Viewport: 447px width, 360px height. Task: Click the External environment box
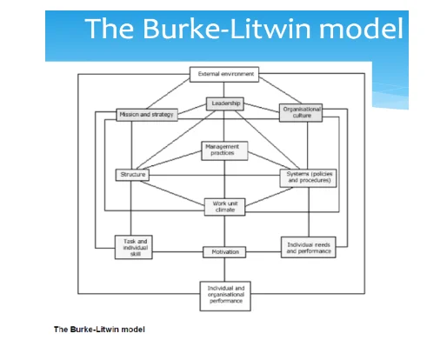tap(224, 75)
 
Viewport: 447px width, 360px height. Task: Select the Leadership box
tap(225, 103)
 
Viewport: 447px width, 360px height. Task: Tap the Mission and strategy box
tap(147, 115)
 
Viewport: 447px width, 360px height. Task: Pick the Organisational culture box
tap(301, 113)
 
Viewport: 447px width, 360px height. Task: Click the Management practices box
tap(224, 150)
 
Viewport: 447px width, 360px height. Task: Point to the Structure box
tap(132, 175)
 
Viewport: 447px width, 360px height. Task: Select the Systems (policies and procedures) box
tap(308, 178)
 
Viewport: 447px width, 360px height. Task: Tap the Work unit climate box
tap(224, 207)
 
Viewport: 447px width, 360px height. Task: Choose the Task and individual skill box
tap(134, 247)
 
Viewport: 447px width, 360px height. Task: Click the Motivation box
tap(224, 252)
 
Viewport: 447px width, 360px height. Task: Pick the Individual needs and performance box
tap(309, 247)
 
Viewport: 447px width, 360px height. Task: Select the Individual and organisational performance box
tap(225, 296)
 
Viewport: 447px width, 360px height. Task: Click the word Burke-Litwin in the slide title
tap(227, 29)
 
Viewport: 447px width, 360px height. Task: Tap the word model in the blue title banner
tap(361, 29)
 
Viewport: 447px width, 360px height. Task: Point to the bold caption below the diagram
tap(99, 330)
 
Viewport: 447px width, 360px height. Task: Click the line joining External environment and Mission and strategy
tap(168, 94)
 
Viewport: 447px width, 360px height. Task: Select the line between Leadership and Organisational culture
tap(262, 108)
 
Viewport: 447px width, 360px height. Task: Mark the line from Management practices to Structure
tap(169, 160)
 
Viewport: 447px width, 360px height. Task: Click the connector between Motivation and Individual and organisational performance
tap(224, 270)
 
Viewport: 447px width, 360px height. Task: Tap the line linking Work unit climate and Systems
tap(269, 197)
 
